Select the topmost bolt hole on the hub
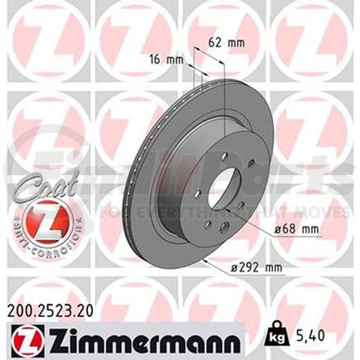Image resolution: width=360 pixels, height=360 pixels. [227, 155]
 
